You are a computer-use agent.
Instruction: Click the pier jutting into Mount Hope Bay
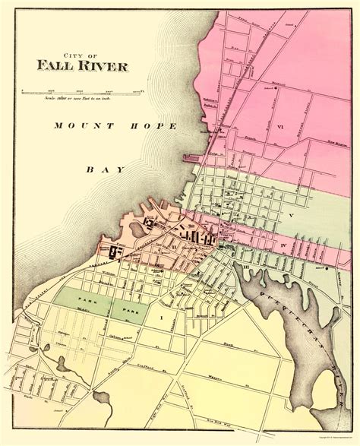(194, 157)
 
